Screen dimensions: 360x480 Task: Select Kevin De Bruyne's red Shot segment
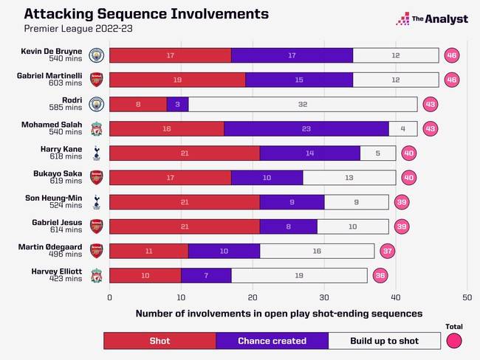point(170,55)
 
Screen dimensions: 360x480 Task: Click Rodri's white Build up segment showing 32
point(303,105)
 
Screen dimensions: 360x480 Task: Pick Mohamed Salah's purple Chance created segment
point(306,129)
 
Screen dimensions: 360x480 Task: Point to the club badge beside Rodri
point(96,105)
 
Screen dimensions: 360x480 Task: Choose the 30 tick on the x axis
point(324,297)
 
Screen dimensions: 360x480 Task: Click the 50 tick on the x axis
point(467,297)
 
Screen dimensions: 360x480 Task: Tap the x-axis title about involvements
point(278,314)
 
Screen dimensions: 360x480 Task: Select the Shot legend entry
point(160,340)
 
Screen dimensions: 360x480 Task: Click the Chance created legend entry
point(272,340)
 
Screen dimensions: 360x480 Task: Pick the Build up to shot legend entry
point(384,340)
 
